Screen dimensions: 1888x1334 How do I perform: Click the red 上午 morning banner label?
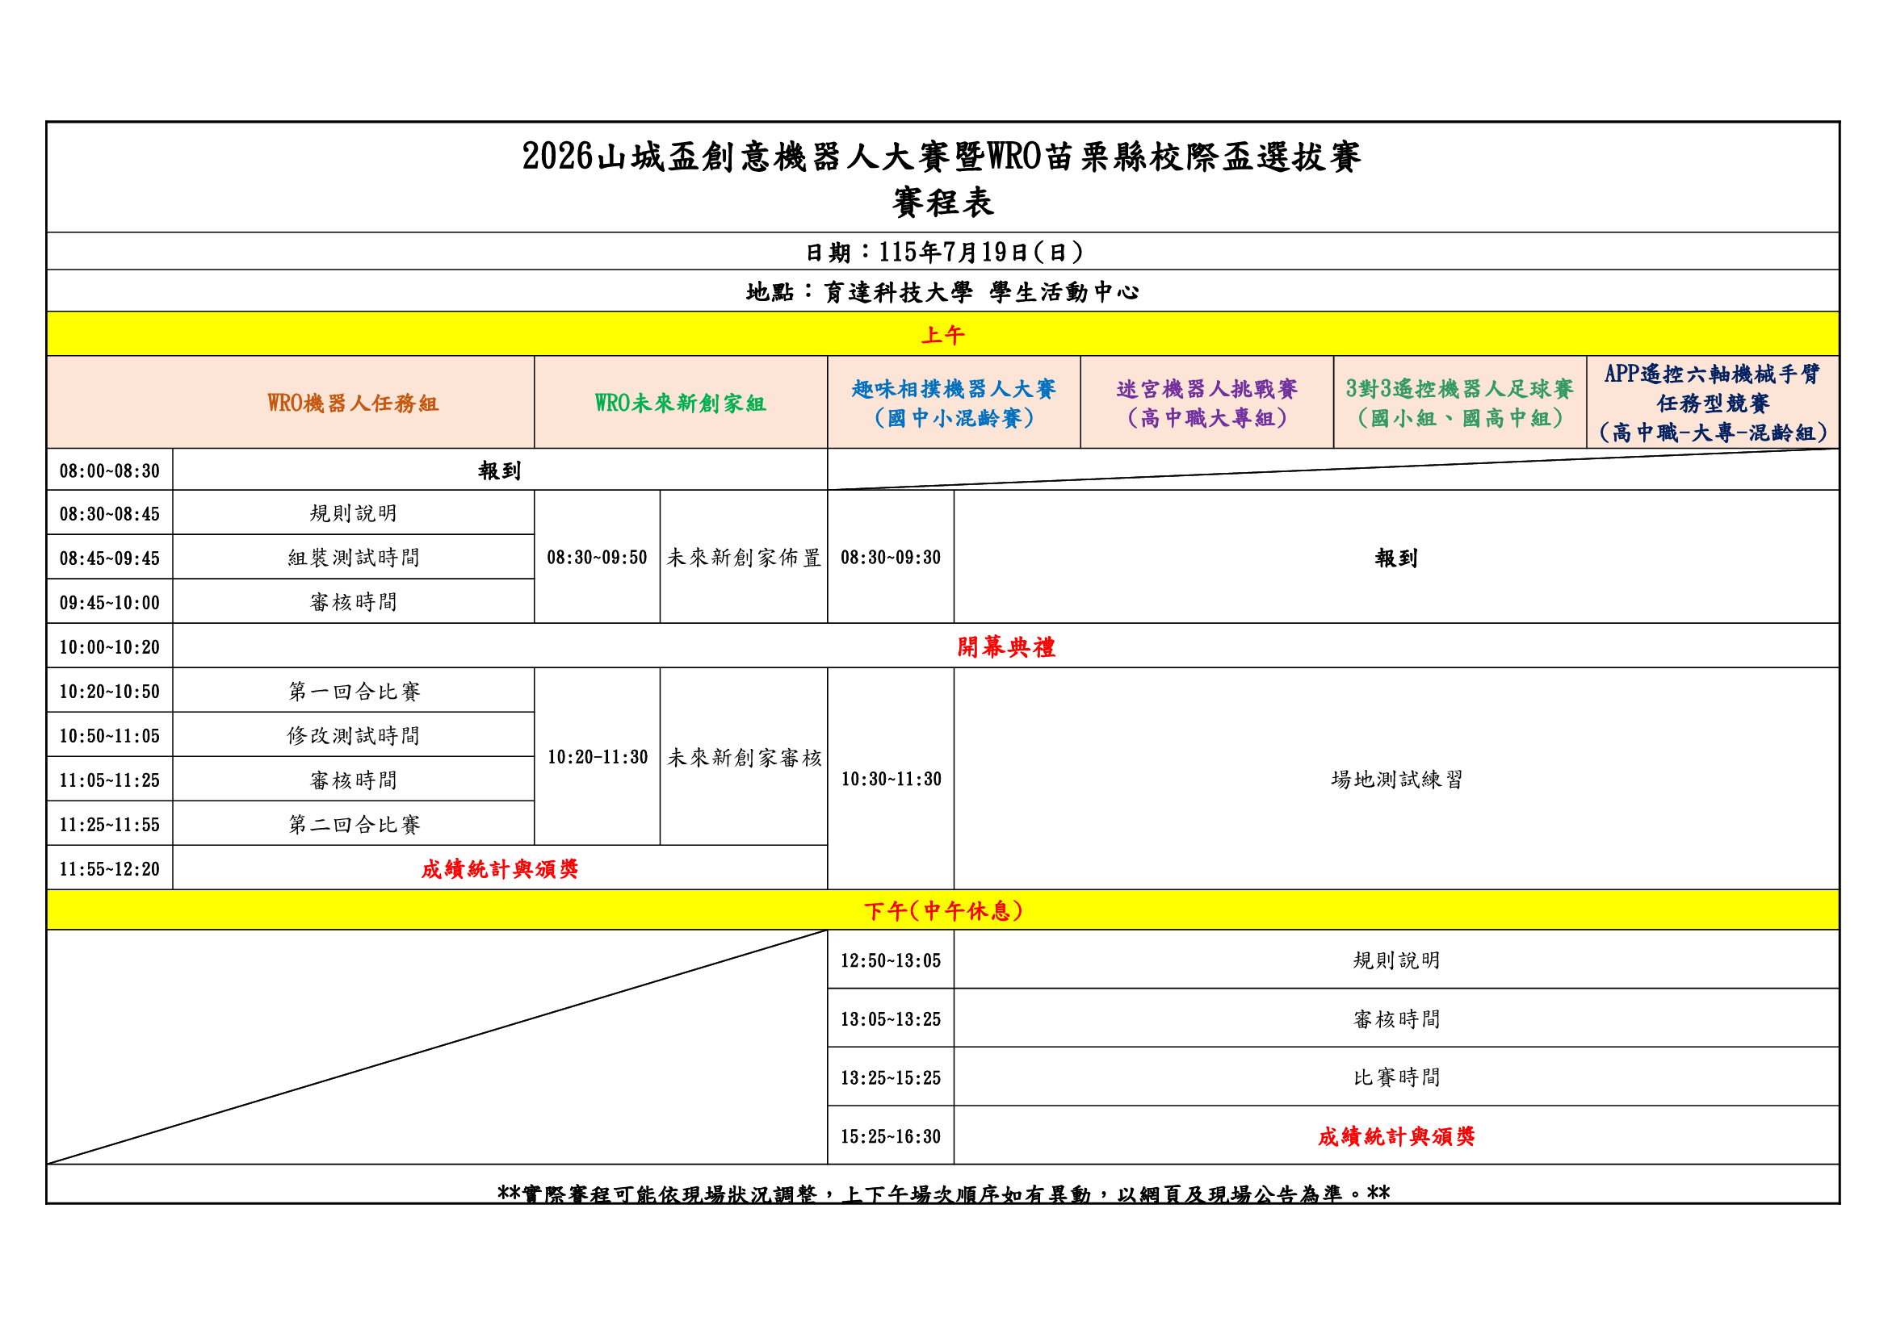tap(942, 336)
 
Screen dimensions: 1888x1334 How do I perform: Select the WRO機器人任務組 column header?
tap(353, 403)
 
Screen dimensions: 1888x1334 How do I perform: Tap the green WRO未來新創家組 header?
tap(680, 403)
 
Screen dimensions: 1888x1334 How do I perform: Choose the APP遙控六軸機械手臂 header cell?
tap(1713, 403)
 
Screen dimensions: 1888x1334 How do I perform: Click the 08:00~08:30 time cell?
tap(109, 471)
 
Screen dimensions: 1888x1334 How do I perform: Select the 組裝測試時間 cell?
tap(354, 558)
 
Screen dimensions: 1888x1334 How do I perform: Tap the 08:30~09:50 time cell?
tap(597, 558)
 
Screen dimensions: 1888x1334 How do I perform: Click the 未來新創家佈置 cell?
tap(744, 558)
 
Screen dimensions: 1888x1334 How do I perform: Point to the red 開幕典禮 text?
tap(1005, 647)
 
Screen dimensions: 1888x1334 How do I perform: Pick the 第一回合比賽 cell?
tap(354, 692)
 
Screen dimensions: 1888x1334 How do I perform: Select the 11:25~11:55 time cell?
tap(109, 825)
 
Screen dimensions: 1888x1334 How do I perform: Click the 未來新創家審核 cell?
tap(744, 757)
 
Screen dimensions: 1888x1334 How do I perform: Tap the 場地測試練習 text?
tap(1396, 780)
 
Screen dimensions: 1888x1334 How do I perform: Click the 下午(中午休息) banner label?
tap(943, 910)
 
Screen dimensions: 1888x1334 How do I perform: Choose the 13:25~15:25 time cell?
tap(891, 1077)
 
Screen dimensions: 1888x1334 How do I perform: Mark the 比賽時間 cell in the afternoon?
tap(1396, 1077)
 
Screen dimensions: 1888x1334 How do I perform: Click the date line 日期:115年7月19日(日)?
tap(943, 252)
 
